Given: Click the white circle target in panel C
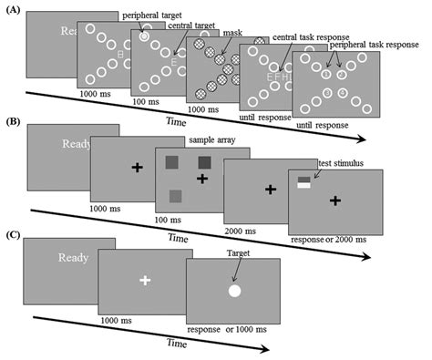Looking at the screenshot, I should (x=234, y=292).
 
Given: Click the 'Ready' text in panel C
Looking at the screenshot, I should (x=72, y=258).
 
